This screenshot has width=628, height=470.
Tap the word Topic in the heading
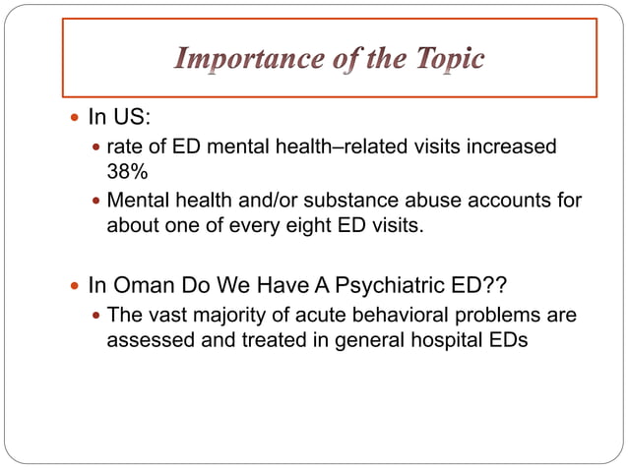coord(446,60)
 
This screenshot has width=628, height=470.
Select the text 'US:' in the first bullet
coord(132,118)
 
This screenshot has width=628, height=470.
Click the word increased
coord(506,147)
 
